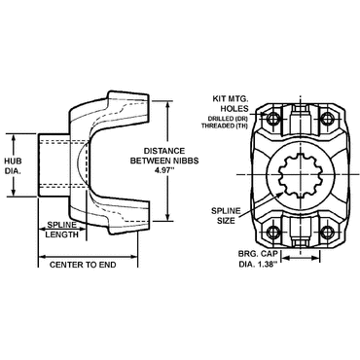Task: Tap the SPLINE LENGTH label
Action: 62,229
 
